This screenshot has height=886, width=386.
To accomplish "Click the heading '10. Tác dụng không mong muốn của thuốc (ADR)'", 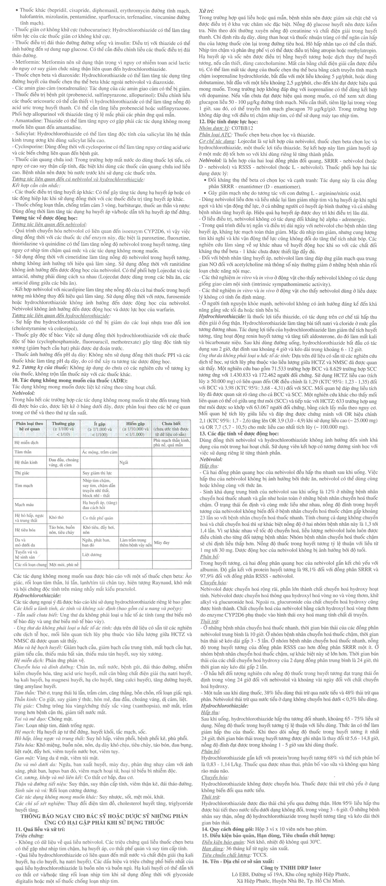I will click(x=69, y=380).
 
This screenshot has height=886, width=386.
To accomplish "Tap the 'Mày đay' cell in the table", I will click(x=161, y=542).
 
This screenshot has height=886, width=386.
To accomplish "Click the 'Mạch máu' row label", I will click(x=24, y=505).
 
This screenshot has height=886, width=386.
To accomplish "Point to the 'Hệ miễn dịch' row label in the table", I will click(x=26, y=443).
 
